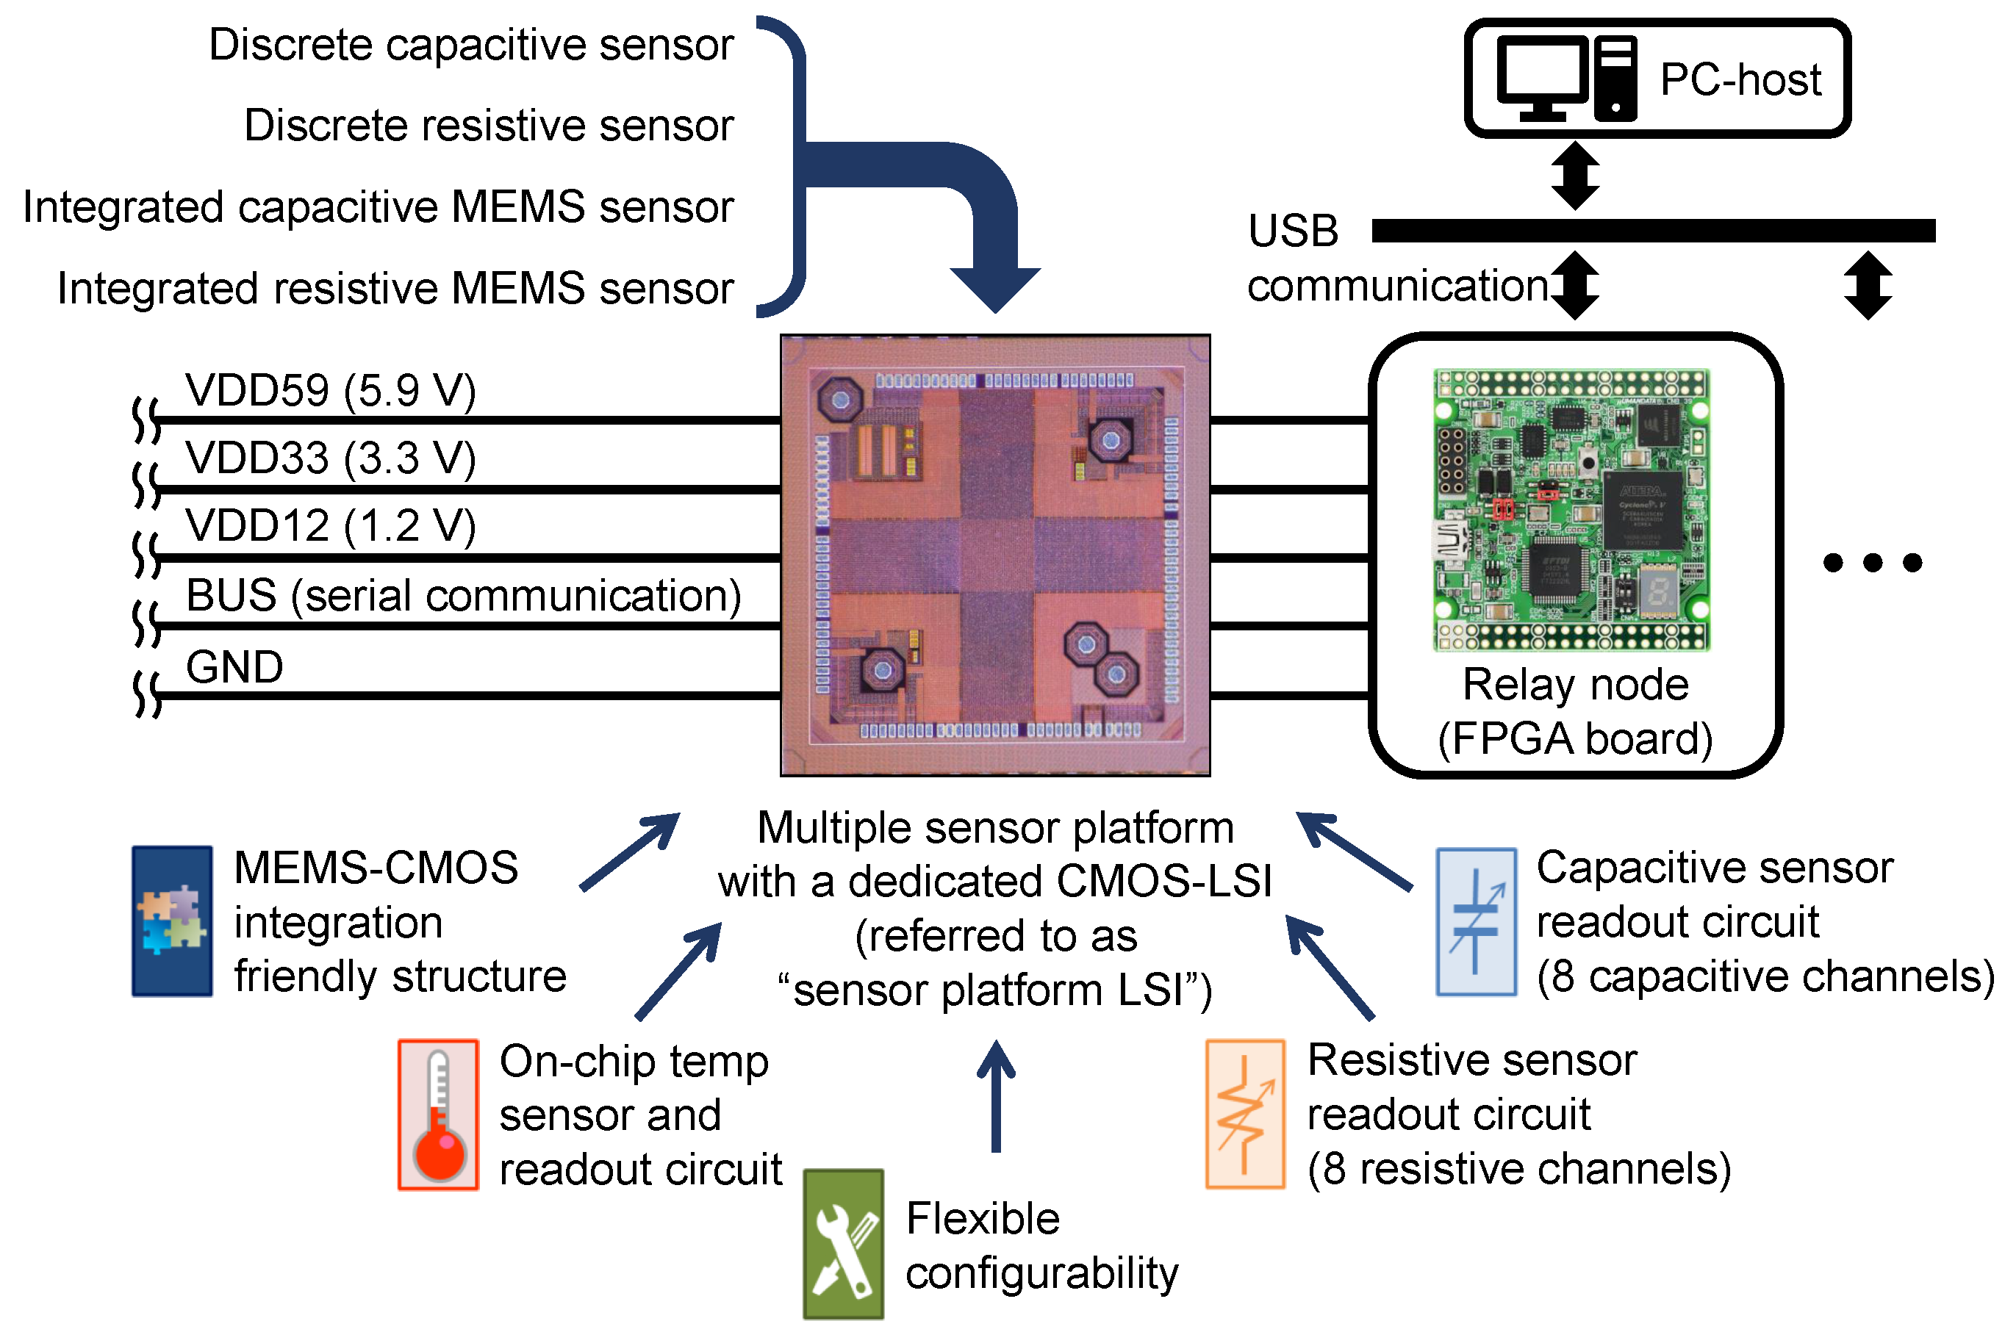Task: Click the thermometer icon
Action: (438, 1114)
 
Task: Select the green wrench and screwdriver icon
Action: (843, 1244)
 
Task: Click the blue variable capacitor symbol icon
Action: (1475, 921)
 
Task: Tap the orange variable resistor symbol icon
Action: (1244, 1113)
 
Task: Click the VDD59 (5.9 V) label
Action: (331, 391)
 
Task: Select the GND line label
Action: (234, 667)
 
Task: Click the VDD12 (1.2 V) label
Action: (331, 526)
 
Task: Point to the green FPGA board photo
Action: (1571, 510)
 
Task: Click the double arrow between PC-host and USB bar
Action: (1574, 176)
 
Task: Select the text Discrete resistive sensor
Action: (489, 126)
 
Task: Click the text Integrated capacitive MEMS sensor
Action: (378, 206)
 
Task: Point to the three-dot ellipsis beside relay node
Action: (1872, 562)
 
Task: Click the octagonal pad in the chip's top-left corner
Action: (840, 399)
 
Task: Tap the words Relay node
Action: (1574, 685)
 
